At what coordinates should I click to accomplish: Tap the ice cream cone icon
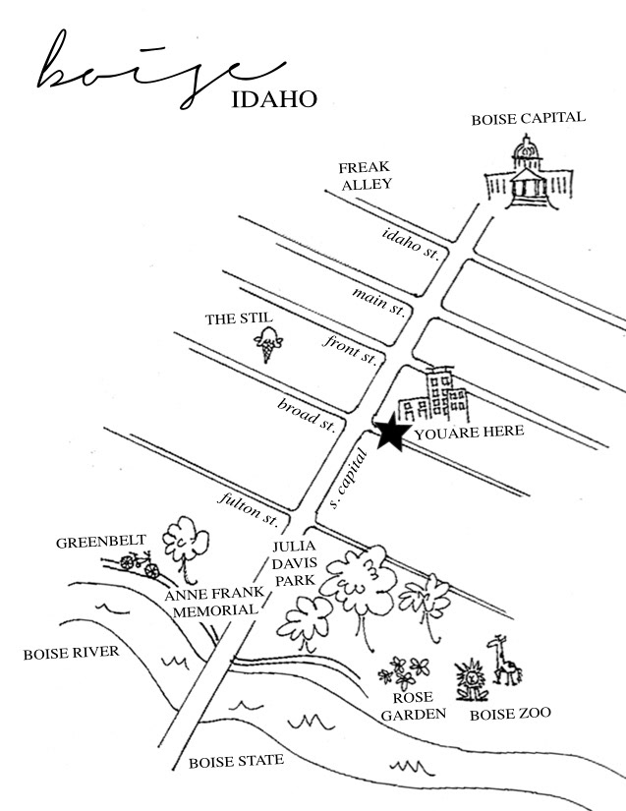pyautogui.click(x=268, y=346)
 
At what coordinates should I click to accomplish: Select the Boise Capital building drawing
pyautogui.click(x=527, y=178)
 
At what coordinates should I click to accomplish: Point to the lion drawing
pyautogui.click(x=472, y=676)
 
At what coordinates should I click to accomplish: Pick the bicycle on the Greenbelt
pyautogui.click(x=139, y=563)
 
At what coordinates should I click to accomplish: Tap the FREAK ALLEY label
pyautogui.click(x=366, y=175)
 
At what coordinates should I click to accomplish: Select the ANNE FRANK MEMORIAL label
pyautogui.click(x=213, y=601)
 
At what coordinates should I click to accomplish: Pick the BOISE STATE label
pyautogui.click(x=236, y=760)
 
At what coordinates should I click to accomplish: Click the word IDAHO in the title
pyautogui.click(x=276, y=99)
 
